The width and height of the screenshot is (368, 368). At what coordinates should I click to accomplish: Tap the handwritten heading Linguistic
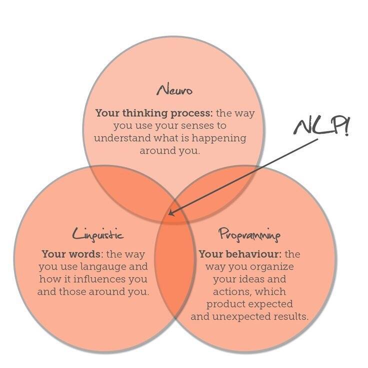pos(98,234)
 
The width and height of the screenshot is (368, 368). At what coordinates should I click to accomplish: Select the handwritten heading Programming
pos(249,234)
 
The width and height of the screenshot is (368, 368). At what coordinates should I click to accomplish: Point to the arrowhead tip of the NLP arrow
pos(169,214)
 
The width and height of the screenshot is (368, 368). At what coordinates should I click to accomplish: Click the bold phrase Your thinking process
pos(154,113)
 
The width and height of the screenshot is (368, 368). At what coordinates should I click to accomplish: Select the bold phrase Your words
pos(71,254)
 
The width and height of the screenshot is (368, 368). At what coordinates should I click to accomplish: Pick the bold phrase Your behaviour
pos(240,254)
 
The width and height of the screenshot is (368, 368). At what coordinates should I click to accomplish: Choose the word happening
pos(219,138)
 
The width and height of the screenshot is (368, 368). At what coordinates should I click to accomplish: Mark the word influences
pos(100,279)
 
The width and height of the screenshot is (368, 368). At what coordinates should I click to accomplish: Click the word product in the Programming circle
pos(224,304)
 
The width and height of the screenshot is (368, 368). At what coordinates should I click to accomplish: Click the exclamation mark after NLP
pos(347,126)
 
